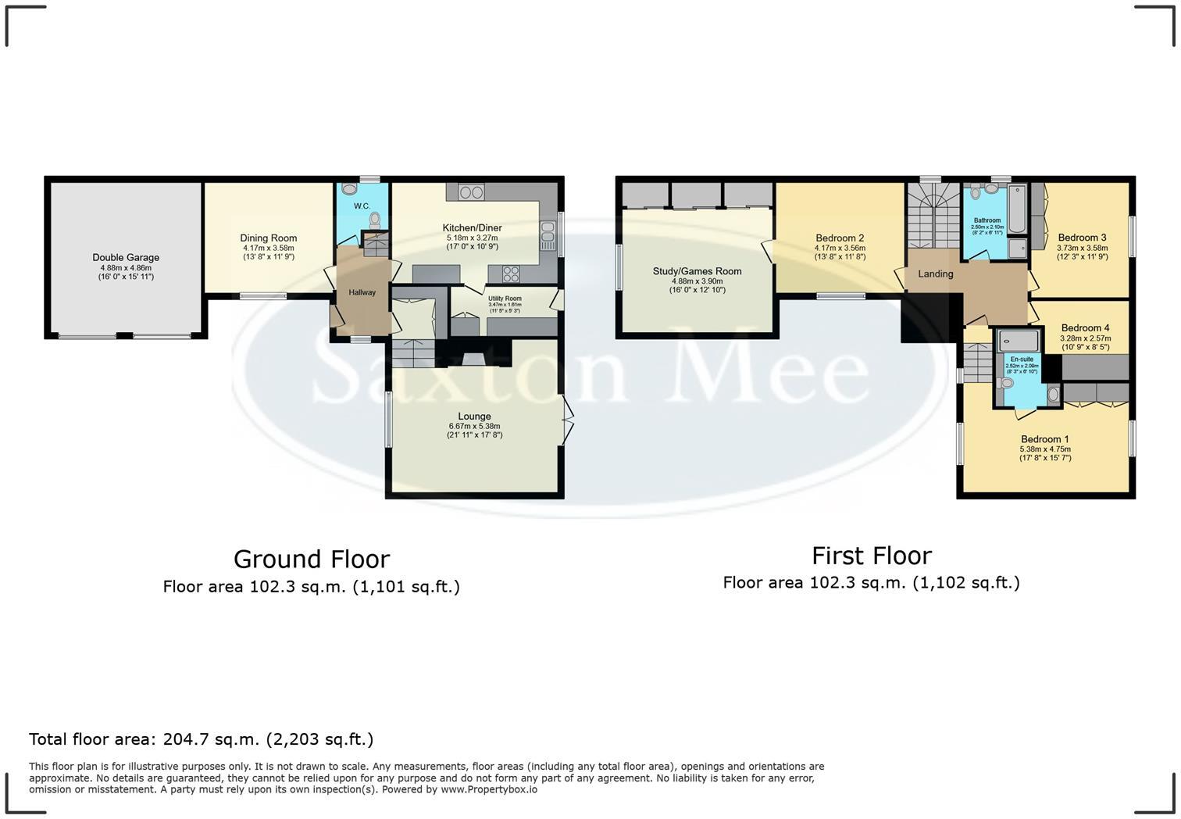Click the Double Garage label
click(126, 257)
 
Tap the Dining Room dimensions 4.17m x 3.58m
click(268, 248)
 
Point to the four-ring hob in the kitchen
click(511, 274)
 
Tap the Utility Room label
click(505, 299)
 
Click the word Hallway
click(362, 292)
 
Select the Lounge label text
click(474, 417)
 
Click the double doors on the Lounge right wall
click(568, 423)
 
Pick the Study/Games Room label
click(697, 271)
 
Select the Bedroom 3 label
click(1082, 238)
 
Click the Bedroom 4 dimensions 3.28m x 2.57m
click(1085, 338)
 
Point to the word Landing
click(935, 274)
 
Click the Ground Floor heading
click(311, 560)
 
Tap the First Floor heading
click(871, 556)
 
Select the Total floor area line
click(201, 739)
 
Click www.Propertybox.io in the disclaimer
click(488, 789)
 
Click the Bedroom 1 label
click(1044, 439)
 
